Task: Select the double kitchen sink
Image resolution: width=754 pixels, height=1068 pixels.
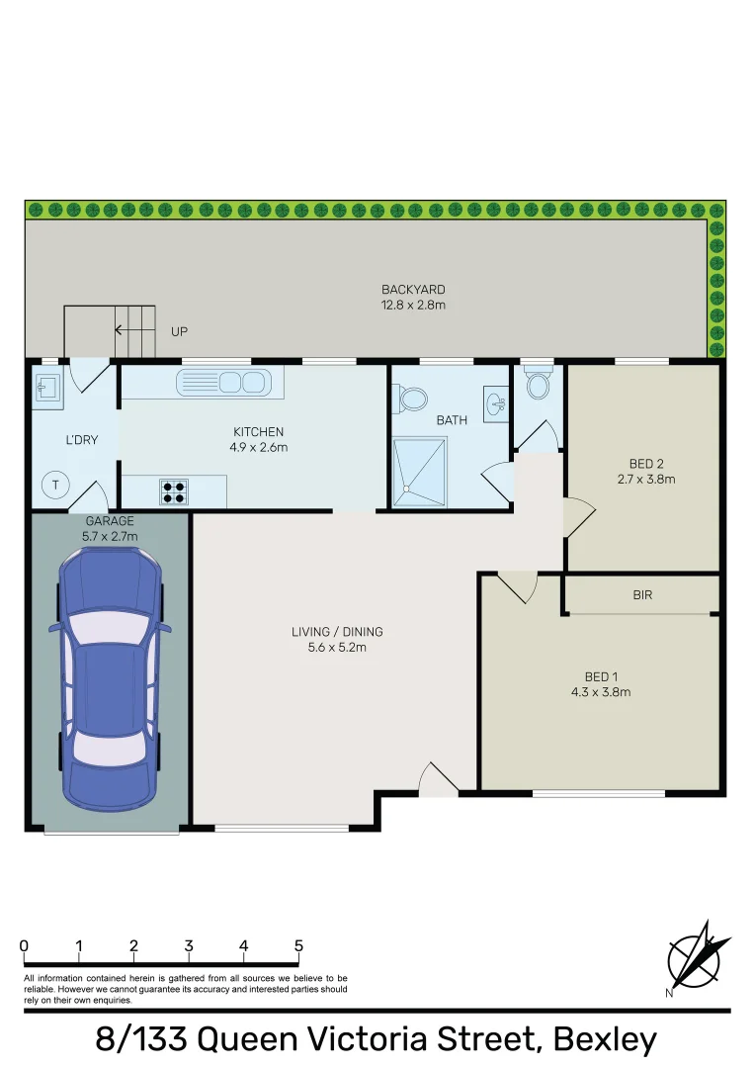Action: (222, 383)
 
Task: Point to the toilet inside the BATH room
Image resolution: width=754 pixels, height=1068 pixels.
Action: (413, 399)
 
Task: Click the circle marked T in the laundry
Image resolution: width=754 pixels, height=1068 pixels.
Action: (56, 485)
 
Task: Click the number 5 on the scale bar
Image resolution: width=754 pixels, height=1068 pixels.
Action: (298, 946)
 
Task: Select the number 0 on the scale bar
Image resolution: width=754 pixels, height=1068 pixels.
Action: (24, 946)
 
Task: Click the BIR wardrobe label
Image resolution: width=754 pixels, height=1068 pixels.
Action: (642, 595)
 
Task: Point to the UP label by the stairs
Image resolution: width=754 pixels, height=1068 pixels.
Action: (179, 331)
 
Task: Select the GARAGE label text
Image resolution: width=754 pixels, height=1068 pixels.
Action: (110, 520)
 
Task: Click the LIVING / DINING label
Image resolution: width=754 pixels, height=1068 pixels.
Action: (337, 632)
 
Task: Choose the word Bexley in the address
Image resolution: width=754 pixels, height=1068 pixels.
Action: (605, 1039)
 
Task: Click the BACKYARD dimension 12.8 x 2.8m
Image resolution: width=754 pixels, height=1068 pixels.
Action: (413, 305)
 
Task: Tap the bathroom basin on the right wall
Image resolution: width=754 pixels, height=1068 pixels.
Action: (495, 402)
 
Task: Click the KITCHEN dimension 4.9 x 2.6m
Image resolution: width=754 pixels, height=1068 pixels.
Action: (258, 447)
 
